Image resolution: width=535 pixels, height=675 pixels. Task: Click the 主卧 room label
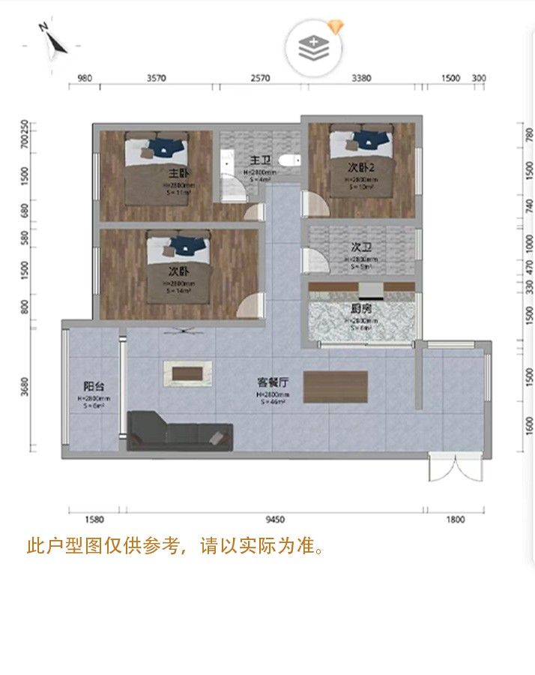point(177,170)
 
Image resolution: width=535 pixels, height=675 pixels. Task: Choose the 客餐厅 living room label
point(273,382)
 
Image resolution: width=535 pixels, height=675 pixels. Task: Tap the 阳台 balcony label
point(94,388)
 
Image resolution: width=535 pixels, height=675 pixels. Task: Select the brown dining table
point(335,387)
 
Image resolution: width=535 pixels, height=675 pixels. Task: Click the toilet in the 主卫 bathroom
point(287,160)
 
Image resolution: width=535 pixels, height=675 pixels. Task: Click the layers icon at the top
point(313,47)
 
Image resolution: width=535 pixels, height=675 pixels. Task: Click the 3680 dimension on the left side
point(26,387)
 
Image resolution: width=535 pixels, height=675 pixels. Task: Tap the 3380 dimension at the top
point(361,77)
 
